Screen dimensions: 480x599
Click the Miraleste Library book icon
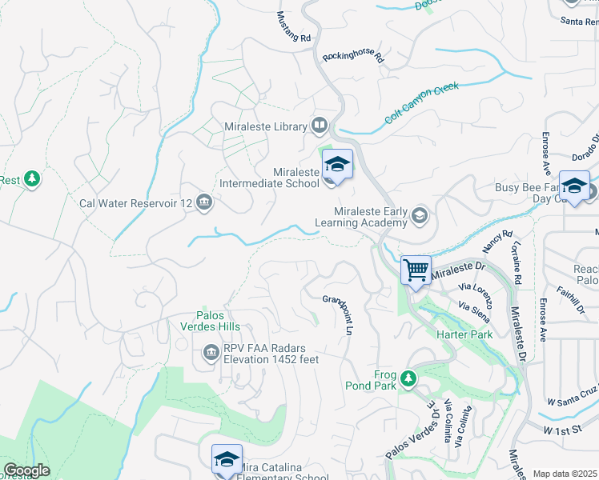[x=320, y=125]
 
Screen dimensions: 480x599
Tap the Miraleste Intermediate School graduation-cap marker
[x=337, y=165]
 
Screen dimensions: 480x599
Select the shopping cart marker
[x=416, y=270]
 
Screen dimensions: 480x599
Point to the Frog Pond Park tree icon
[x=408, y=376]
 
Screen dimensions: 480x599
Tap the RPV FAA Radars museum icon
[x=211, y=351]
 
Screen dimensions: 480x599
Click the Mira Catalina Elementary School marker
[x=227, y=460]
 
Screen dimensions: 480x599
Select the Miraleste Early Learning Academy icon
[x=420, y=215]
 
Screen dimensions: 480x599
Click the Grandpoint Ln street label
[x=338, y=315]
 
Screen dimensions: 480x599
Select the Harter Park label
[x=464, y=334]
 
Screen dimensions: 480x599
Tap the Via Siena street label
[x=474, y=310]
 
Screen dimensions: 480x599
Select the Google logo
[x=27, y=470]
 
